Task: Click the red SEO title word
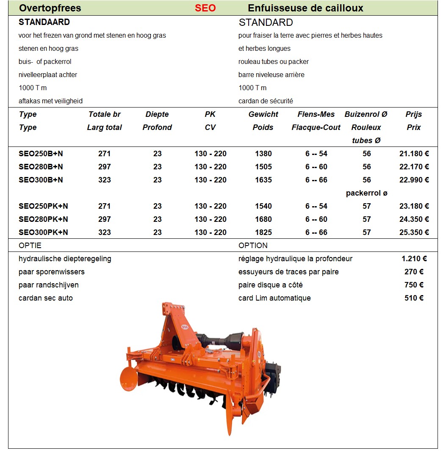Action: [205, 8]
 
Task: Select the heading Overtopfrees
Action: [50, 8]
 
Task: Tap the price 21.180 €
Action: [414, 154]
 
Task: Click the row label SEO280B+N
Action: [41, 167]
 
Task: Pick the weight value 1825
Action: [263, 232]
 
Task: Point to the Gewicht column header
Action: [263, 114]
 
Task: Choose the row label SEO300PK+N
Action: [43, 232]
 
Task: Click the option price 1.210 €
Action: [414, 259]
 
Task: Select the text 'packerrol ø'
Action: [366, 193]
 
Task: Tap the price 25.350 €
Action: [414, 232]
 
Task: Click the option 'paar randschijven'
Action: [49, 285]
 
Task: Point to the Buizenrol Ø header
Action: [366, 114]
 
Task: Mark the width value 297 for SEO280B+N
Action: [105, 167]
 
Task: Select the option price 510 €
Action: [414, 298]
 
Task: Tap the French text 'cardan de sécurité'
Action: [266, 101]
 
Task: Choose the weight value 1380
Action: [263, 154]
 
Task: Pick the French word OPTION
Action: [253, 246]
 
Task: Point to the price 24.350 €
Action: [414, 219]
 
